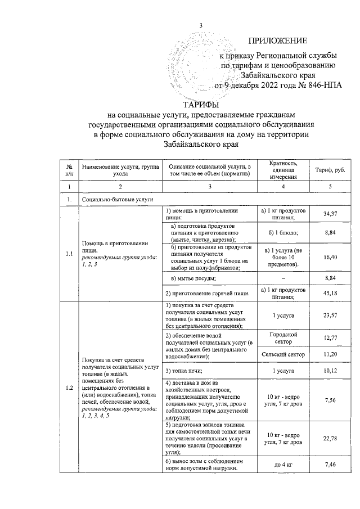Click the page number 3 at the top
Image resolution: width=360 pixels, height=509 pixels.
click(200, 24)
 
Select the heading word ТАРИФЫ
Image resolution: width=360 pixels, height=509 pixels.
click(201, 105)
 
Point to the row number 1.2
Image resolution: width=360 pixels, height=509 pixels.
click(69, 388)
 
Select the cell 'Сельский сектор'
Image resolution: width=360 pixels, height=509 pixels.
click(283, 354)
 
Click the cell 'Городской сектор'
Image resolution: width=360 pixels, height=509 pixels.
click(283, 337)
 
